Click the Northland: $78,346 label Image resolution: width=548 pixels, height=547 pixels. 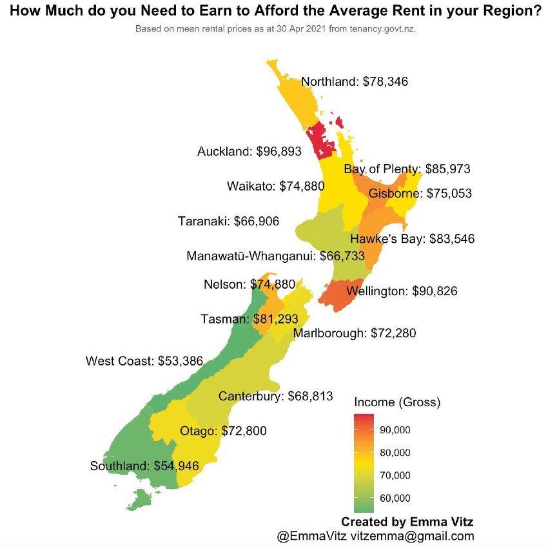(x=355, y=82)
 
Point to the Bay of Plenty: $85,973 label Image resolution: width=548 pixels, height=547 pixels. (x=407, y=169)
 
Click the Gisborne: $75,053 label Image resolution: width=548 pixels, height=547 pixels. (x=420, y=193)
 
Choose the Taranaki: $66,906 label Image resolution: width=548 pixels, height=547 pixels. (x=228, y=222)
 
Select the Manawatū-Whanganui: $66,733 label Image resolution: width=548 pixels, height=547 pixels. (x=275, y=256)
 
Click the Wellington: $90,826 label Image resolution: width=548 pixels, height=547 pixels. (x=402, y=291)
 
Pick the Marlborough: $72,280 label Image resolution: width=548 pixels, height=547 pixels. (x=355, y=333)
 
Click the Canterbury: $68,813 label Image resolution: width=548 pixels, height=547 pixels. (x=275, y=395)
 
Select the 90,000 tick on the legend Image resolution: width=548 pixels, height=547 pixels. (x=395, y=430)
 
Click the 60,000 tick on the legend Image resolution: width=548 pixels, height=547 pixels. (x=395, y=498)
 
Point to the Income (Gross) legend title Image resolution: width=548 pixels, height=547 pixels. (x=397, y=402)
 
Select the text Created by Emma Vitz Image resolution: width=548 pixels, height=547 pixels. (x=407, y=521)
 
